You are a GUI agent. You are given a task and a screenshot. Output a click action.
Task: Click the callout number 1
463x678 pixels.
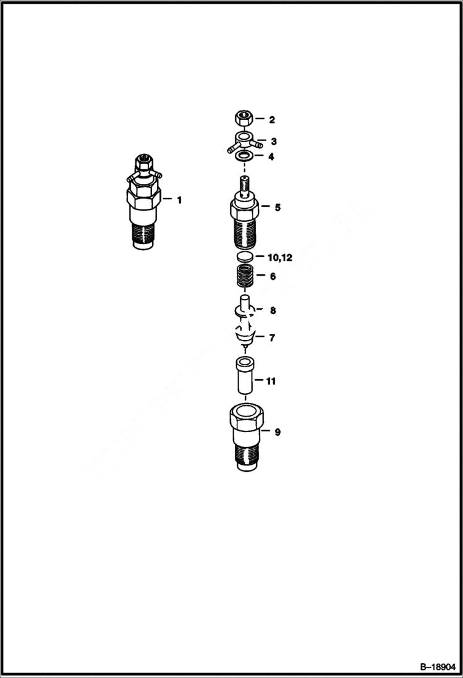point(179,200)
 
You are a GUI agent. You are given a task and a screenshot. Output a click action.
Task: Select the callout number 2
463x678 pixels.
point(271,119)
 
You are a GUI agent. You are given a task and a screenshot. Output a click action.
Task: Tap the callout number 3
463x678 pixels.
point(273,142)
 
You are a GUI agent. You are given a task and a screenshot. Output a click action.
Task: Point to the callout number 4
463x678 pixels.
point(270,156)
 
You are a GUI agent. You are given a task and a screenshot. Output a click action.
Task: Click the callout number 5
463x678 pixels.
point(278,207)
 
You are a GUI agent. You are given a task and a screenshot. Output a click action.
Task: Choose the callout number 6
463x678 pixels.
point(272,276)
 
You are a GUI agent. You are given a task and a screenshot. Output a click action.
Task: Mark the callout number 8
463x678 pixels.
point(272,310)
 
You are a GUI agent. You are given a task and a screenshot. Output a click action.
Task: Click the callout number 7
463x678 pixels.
point(271,337)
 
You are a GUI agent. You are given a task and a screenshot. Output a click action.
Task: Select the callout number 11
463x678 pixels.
point(271,381)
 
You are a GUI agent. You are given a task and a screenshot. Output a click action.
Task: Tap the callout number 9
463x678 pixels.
point(278,432)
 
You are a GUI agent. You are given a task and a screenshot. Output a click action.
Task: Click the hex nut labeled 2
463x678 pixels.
point(243,117)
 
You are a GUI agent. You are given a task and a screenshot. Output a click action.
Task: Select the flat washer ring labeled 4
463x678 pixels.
point(244,156)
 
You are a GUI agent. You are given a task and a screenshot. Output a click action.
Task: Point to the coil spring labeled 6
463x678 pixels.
point(245,276)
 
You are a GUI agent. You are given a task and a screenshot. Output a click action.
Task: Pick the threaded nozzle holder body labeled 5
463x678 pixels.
point(245,216)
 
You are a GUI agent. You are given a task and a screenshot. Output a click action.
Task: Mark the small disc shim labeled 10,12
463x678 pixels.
point(245,256)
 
